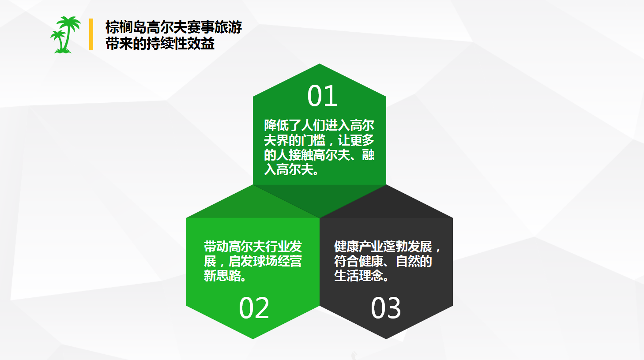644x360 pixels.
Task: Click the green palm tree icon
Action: coord(65,35)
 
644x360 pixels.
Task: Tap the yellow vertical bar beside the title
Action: coord(91,34)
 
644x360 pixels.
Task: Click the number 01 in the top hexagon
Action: coord(322,96)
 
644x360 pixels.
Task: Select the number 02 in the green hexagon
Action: coord(254,308)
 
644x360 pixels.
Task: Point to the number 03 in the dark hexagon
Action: coord(386,308)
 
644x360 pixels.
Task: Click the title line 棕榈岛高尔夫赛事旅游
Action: coord(173,27)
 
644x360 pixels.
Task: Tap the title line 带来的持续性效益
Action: coord(160,44)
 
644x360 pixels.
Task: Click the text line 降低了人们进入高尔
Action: coord(319,126)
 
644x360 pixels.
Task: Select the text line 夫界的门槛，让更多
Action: coord(319,140)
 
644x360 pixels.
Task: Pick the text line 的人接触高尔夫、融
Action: coord(319,155)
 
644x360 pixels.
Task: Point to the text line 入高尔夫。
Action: coord(292,169)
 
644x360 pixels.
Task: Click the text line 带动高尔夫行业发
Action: coord(252,246)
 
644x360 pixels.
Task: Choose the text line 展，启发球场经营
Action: coord(252,261)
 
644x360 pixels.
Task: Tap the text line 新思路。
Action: coord(225,276)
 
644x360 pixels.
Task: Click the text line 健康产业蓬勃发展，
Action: coord(387,246)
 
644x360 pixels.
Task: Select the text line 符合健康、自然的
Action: coord(383,261)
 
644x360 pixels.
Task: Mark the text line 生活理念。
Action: coord(362,276)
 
